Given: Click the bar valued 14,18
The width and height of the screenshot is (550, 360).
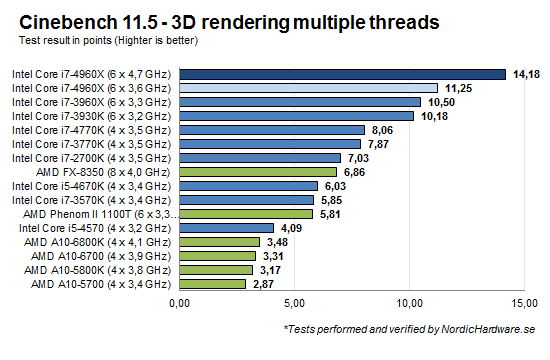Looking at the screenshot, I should (x=342, y=73).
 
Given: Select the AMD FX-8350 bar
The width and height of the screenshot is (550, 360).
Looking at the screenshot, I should (x=258, y=171).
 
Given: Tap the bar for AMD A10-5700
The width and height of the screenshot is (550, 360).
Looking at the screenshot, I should (x=212, y=284).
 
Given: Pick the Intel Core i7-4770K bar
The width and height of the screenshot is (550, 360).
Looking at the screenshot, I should (x=273, y=129).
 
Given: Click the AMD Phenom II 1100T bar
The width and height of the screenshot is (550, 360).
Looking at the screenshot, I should (x=246, y=213).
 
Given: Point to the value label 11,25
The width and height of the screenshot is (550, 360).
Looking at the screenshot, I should (x=458, y=87).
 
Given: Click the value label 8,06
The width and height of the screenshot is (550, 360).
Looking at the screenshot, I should (x=381, y=129).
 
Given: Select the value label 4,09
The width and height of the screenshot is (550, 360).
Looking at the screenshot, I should (x=291, y=227).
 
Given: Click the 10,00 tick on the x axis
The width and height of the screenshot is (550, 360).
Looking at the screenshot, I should (x=409, y=303).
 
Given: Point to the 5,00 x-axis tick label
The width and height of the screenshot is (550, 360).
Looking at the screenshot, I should (x=294, y=303).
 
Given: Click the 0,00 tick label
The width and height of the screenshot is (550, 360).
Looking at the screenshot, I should (x=180, y=303).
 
